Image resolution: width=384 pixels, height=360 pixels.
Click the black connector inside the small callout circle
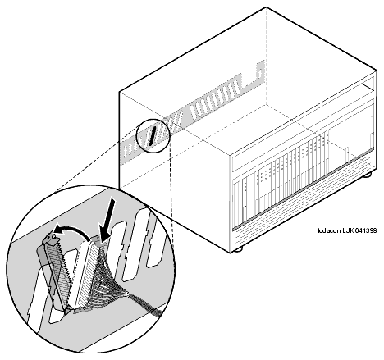(x=153, y=135)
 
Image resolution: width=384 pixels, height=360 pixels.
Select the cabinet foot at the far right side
(x=368, y=175)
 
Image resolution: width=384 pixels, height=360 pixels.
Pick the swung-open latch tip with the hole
(x=52, y=237)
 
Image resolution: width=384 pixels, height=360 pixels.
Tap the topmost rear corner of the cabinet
(x=267, y=7)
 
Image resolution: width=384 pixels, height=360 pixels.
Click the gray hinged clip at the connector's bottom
(x=68, y=310)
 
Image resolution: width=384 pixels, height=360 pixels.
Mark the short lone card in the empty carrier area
(x=346, y=155)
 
